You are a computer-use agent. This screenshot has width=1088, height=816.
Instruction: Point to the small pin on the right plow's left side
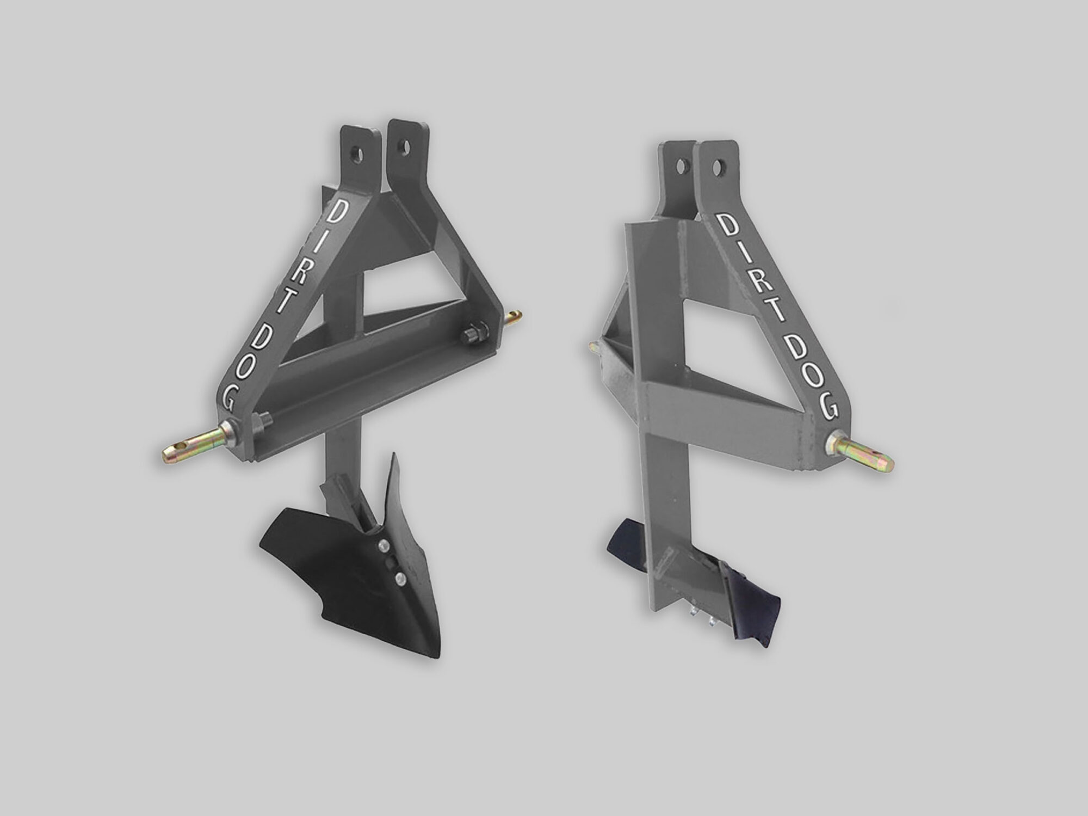point(595,345)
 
